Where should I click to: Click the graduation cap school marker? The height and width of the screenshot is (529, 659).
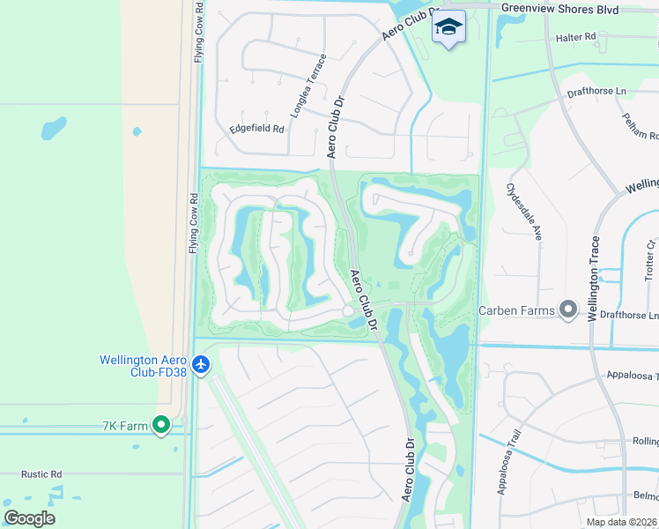click(448, 27)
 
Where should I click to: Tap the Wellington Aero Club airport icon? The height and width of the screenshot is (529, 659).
click(202, 364)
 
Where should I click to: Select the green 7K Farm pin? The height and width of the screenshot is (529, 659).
click(160, 426)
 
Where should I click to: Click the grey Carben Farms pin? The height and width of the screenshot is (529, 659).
click(568, 309)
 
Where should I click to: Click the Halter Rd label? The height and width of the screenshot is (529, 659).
click(576, 38)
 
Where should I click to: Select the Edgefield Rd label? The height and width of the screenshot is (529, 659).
click(256, 129)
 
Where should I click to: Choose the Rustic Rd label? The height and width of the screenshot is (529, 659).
click(42, 473)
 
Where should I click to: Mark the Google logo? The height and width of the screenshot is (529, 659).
click(29, 518)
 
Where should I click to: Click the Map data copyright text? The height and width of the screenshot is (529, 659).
click(620, 521)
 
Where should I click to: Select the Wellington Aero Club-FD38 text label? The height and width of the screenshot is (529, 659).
click(144, 365)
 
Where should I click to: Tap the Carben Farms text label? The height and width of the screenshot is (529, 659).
click(516, 310)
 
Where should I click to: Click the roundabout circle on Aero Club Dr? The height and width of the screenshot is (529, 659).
click(348, 311)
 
